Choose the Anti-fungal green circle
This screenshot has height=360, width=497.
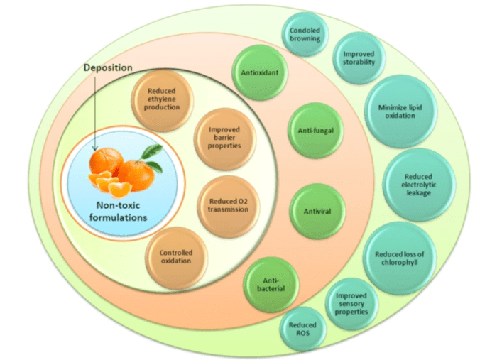tap(311, 131)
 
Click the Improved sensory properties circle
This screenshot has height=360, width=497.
tap(351, 303)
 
